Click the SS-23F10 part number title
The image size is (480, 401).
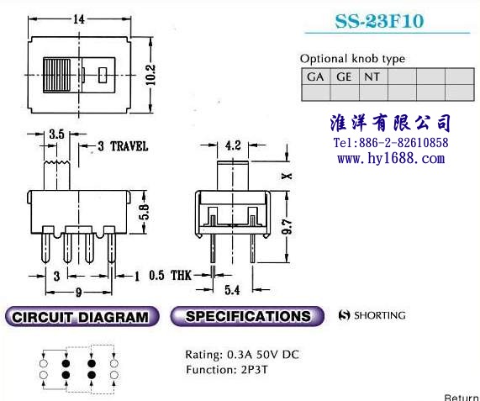(x=379, y=21)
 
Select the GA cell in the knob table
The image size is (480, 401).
(x=315, y=77)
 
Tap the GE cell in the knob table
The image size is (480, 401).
(x=344, y=77)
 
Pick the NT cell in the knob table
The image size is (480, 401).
(x=372, y=77)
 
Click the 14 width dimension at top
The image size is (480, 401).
(x=79, y=19)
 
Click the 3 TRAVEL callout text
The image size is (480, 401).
(x=123, y=146)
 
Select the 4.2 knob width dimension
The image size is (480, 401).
(x=233, y=145)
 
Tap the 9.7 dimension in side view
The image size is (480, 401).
(x=287, y=226)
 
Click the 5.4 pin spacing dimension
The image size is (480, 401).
(x=232, y=290)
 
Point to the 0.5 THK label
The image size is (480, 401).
(x=170, y=275)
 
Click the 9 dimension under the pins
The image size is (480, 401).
(x=79, y=293)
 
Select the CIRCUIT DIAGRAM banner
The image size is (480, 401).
(x=82, y=317)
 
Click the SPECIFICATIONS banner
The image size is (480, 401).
(x=247, y=316)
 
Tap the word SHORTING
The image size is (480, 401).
(x=380, y=315)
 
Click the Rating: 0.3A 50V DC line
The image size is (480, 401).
(x=242, y=355)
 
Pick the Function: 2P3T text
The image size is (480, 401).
(x=227, y=370)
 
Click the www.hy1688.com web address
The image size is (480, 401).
(x=391, y=159)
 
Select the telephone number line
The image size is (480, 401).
(x=391, y=143)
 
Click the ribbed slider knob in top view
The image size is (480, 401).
(x=57, y=75)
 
